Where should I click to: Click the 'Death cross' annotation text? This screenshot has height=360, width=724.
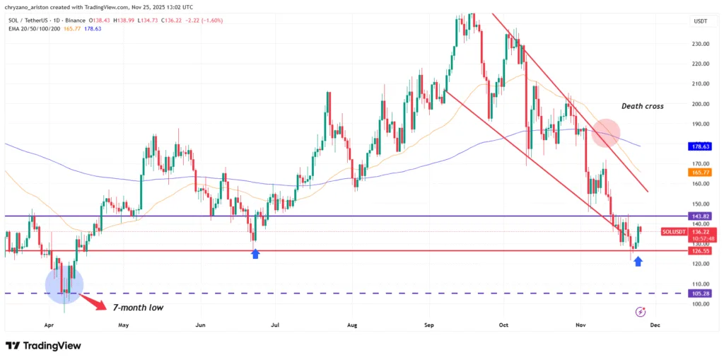[x=642, y=106]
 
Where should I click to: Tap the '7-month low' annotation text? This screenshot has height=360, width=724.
[x=138, y=307]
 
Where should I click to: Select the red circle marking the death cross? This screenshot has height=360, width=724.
[x=606, y=133]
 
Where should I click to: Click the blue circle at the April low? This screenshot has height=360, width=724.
[x=64, y=285]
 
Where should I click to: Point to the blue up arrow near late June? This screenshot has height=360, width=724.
[x=255, y=252]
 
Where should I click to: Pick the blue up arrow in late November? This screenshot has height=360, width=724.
[x=638, y=262]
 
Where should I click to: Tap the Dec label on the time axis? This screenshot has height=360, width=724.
[x=655, y=325]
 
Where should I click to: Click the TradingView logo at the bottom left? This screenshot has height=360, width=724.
[x=43, y=346]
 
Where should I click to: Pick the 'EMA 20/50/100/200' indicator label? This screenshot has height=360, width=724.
[x=32, y=28]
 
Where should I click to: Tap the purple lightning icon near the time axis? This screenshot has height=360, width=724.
[x=641, y=311]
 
